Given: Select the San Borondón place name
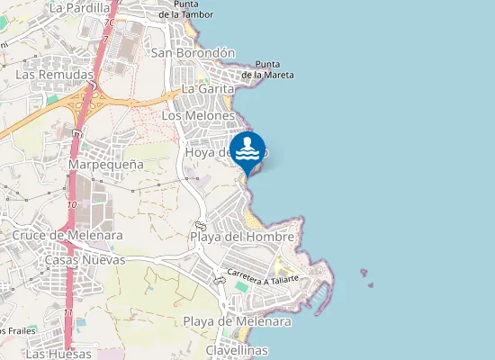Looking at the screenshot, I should point(193,53).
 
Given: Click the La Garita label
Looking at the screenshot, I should point(207,89).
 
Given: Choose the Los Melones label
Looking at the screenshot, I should point(198,116).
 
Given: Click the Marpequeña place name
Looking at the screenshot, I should point(106,165).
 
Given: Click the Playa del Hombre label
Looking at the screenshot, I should point(242,237).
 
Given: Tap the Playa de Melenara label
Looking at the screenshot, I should point(237,321).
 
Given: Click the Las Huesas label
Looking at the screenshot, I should point(58,354).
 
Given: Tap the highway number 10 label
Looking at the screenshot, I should point(71,205).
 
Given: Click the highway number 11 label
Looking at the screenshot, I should point(69,312).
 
